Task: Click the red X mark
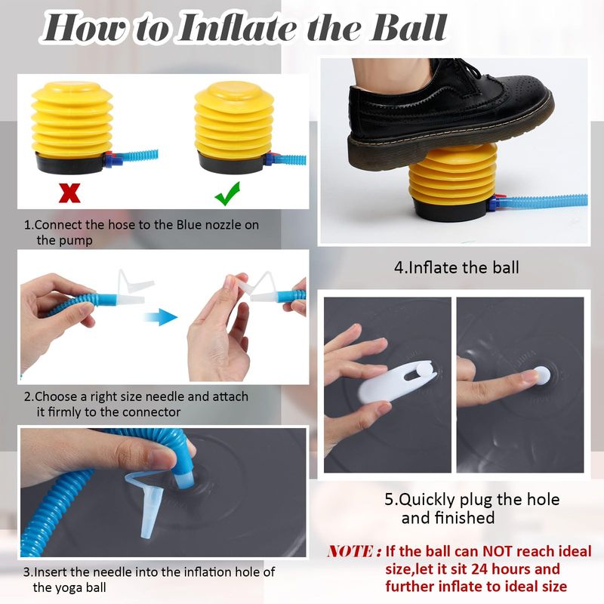click(69, 193)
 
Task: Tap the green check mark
click(228, 194)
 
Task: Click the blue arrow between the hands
click(161, 317)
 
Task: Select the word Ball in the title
click(408, 28)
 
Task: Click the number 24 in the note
click(481, 569)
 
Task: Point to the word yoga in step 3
click(69, 588)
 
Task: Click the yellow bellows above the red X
click(72, 119)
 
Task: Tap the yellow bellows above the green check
click(234, 120)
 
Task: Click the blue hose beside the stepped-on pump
click(546, 202)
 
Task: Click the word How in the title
click(88, 28)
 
